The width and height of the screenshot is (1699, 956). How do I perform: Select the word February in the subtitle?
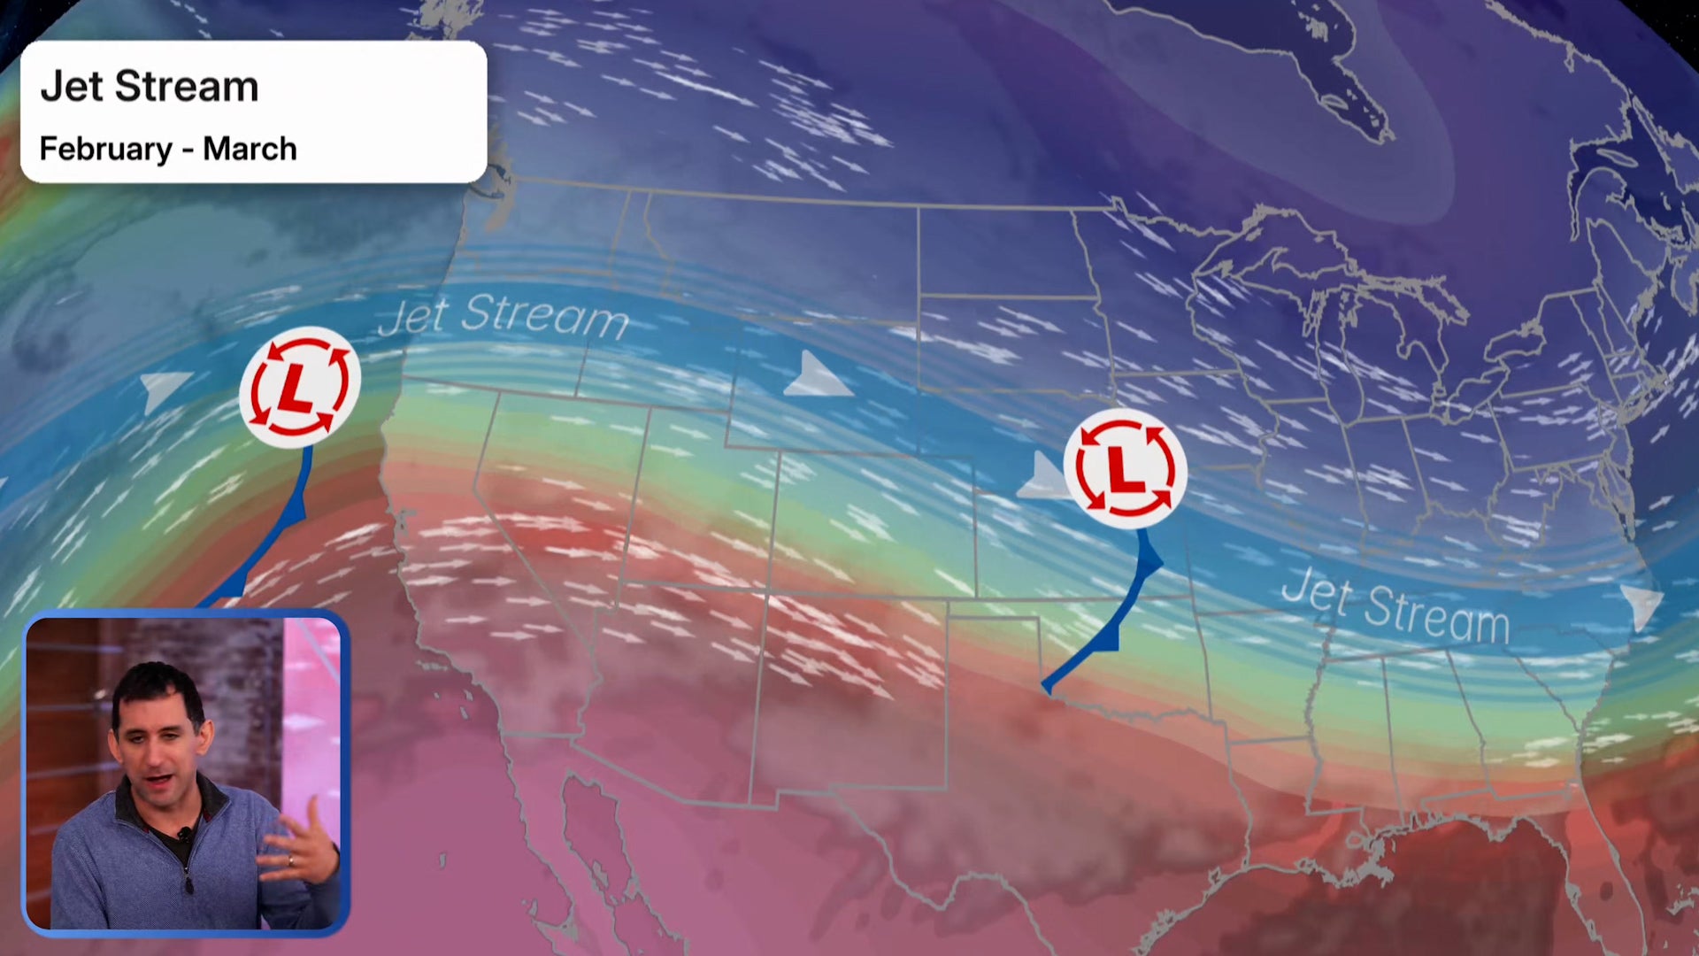105,149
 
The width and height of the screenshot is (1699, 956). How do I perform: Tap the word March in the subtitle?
250,149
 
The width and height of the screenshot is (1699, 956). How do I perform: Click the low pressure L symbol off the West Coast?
299,387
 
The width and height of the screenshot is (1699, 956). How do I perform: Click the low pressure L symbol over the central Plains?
1124,468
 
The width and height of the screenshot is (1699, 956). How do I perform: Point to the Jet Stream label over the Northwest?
503,316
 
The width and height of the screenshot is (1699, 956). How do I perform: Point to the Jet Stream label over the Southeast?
1395,605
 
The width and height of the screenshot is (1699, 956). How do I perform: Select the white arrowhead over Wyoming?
815,376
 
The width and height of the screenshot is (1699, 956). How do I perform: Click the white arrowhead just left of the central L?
1044,478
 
